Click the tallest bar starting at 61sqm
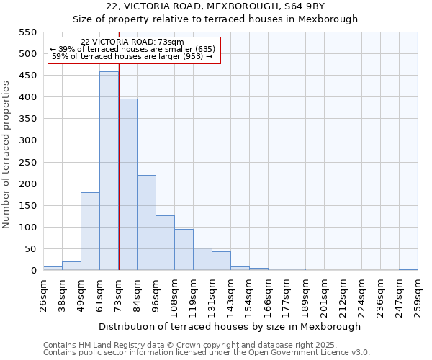[109, 171]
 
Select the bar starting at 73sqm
[127, 185]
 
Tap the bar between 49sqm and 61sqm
[90, 232]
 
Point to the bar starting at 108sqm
[184, 250]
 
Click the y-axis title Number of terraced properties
[7, 155]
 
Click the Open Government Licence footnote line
[206, 353]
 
